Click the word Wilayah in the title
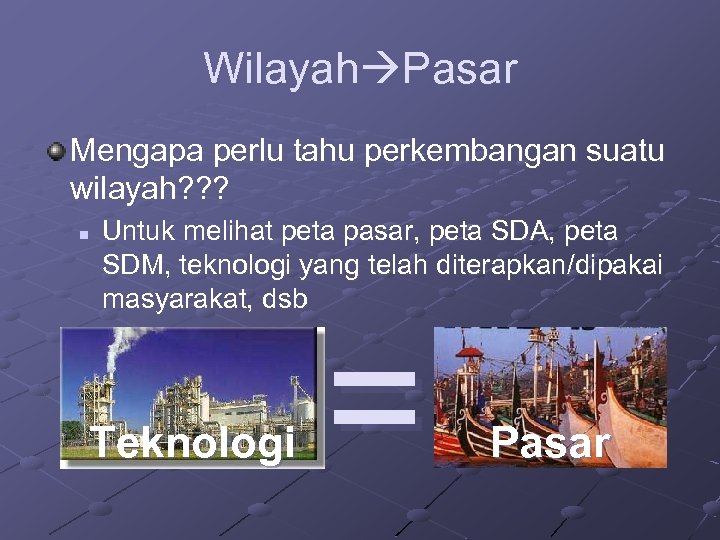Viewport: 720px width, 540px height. (x=281, y=69)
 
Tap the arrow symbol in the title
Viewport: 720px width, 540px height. (x=380, y=70)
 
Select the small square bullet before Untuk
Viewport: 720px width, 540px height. (x=86, y=234)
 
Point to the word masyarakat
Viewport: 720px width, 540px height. (x=173, y=299)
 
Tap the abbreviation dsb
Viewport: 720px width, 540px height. (x=283, y=299)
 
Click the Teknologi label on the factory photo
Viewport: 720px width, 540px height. (x=193, y=441)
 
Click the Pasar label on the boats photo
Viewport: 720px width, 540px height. (x=550, y=442)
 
